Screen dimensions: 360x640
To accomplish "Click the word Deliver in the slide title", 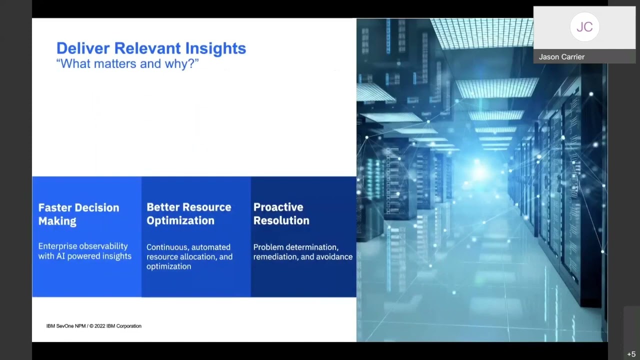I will [83, 48].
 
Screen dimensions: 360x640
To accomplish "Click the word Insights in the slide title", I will [215, 48].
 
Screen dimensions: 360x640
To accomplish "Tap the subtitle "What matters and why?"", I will [127, 64].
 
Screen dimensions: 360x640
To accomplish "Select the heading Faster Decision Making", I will [78, 214].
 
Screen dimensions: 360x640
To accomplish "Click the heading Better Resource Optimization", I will [188, 213].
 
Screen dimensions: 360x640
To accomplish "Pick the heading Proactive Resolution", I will [281, 213].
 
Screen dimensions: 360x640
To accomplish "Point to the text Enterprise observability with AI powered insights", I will [84, 251].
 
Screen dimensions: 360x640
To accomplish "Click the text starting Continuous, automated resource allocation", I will [189, 256].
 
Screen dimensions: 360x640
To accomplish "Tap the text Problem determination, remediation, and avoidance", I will [302, 251].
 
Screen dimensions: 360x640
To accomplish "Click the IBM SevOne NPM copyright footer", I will [94, 326].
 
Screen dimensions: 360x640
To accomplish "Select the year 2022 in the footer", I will [100, 326].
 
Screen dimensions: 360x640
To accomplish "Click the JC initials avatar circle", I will [584, 27].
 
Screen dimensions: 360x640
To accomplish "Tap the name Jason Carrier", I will [561, 57].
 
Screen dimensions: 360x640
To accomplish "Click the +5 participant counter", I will [631, 354].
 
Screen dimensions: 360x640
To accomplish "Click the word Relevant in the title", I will [147, 48].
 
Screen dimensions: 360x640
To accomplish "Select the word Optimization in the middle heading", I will [180, 220].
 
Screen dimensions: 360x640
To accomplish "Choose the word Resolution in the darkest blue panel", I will [281, 220].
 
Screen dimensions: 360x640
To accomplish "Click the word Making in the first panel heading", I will [57, 221].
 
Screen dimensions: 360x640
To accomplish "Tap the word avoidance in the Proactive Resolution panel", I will [333, 256].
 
